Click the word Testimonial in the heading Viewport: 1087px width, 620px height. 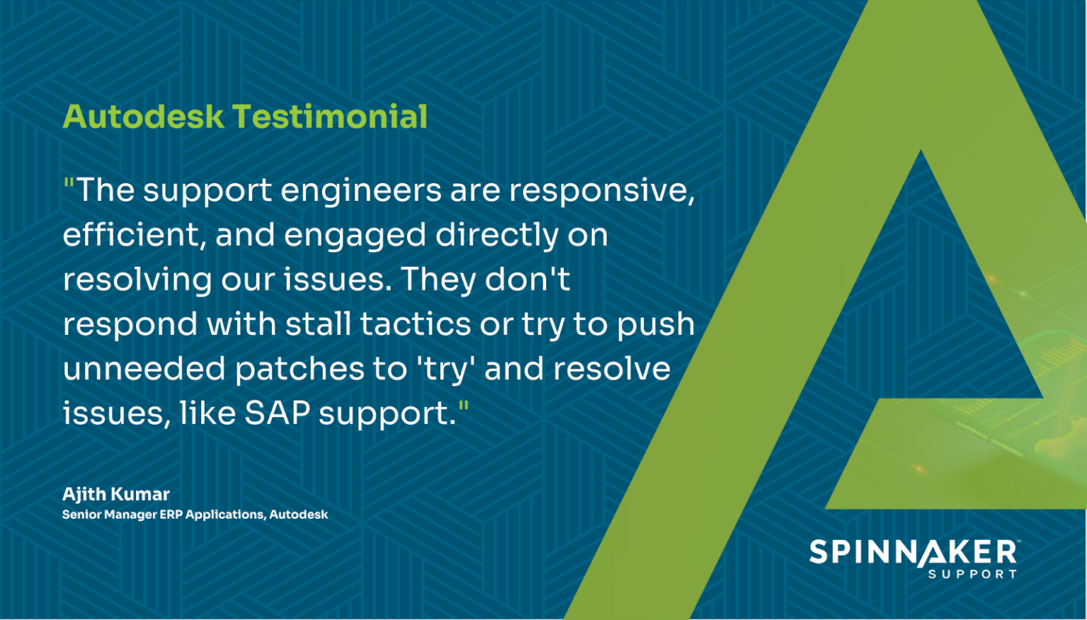330,117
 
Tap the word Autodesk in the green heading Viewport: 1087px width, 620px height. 144,117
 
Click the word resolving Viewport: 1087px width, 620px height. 137,281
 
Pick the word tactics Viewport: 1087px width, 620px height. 415,324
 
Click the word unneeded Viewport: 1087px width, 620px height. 144,368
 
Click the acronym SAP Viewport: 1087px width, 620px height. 277,413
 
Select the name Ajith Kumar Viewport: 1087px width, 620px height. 116,494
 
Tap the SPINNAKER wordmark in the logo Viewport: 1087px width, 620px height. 913,552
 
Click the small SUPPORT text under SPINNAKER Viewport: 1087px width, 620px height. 972,574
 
